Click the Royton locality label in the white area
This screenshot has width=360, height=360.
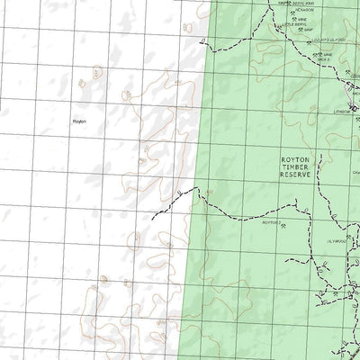pyautogui.click(x=78, y=120)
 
